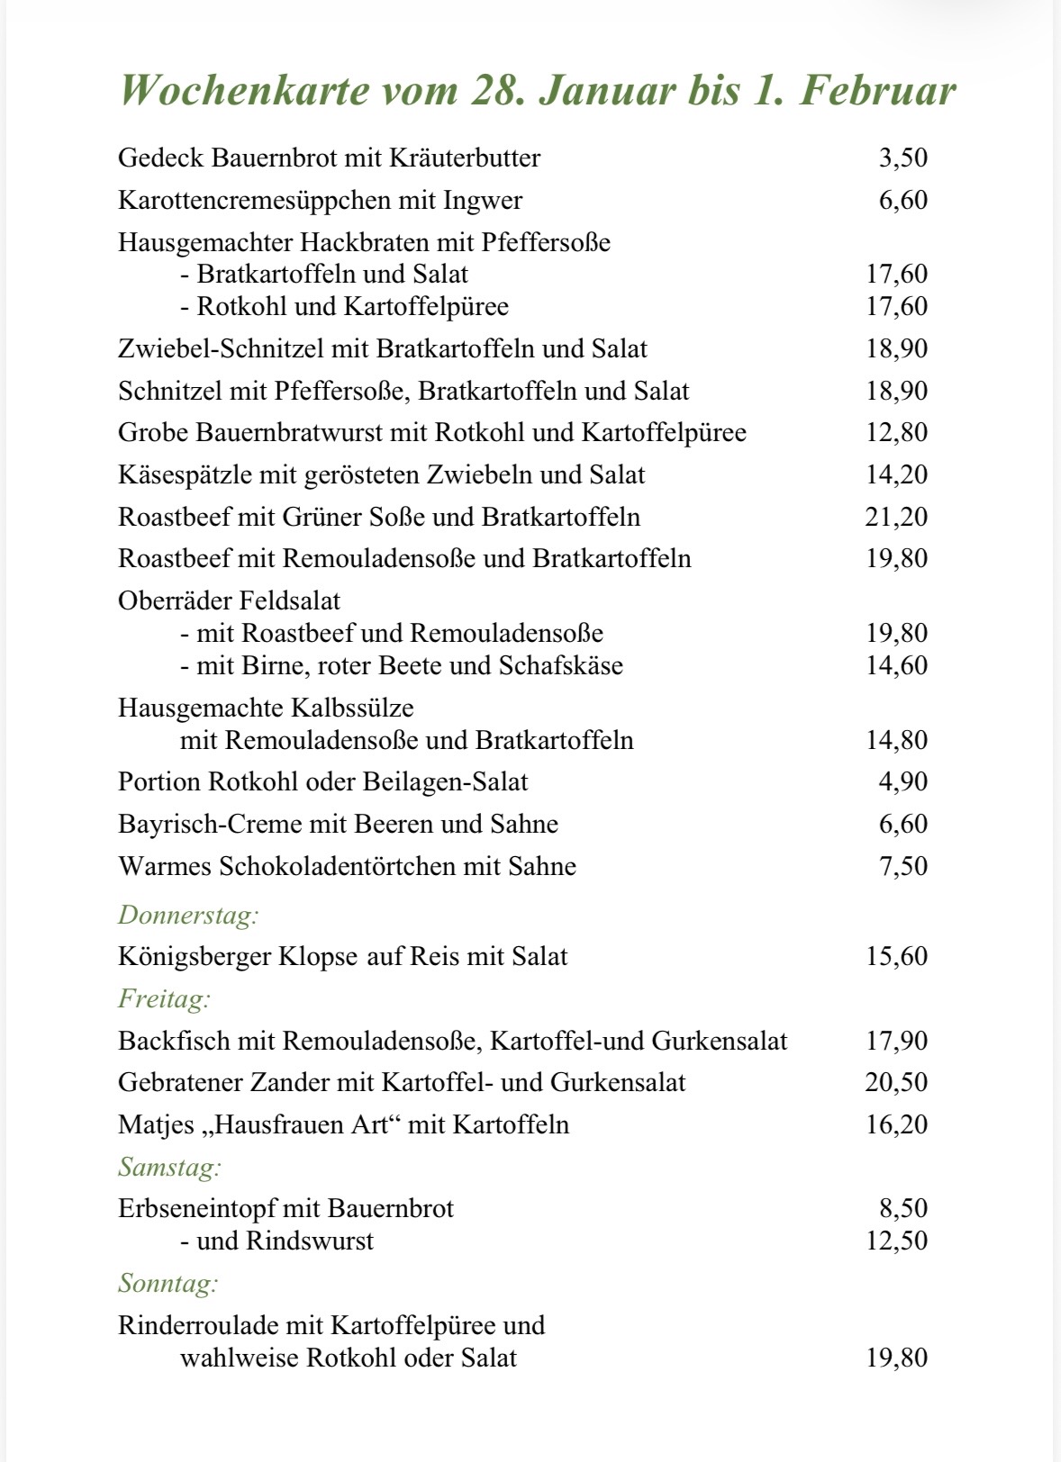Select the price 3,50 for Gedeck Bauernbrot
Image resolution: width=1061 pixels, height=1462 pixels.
coord(902,158)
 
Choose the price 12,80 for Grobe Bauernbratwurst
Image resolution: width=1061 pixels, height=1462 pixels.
coord(896,433)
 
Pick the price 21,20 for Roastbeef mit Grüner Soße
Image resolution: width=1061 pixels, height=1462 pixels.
coord(896,518)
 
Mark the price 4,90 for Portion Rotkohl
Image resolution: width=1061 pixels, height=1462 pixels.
coord(902,781)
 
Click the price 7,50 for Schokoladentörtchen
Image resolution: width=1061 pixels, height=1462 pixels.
coord(902,866)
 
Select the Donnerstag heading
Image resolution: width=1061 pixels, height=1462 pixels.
coord(188,916)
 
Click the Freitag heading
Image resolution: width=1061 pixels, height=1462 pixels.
coord(164,999)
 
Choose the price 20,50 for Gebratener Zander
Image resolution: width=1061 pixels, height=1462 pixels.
coord(896,1082)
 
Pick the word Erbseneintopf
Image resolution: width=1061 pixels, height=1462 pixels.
coord(197,1209)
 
